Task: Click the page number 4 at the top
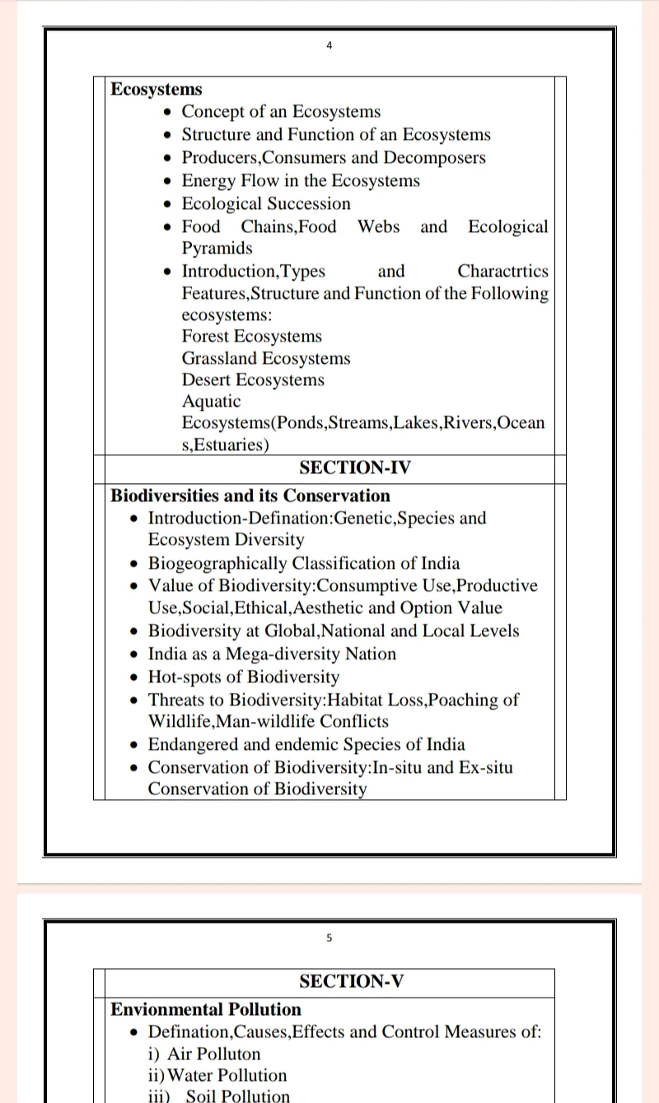[329, 46]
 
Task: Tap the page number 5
[329, 938]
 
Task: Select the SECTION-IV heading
[355, 468]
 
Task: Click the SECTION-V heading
[352, 981]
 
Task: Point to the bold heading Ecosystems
[157, 89]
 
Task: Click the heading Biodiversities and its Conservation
[250, 496]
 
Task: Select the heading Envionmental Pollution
[206, 1009]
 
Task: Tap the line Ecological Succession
[266, 203]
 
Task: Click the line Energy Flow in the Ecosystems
[301, 180]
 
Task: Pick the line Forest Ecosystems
[252, 336]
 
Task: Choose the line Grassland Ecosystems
[266, 358]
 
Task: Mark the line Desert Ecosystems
[253, 379]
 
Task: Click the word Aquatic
[212, 401]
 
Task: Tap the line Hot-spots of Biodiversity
[243, 677]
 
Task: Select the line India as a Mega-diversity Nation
[272, 654]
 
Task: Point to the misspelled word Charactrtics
[502, 271]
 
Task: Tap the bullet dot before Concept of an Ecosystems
[169, 113]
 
